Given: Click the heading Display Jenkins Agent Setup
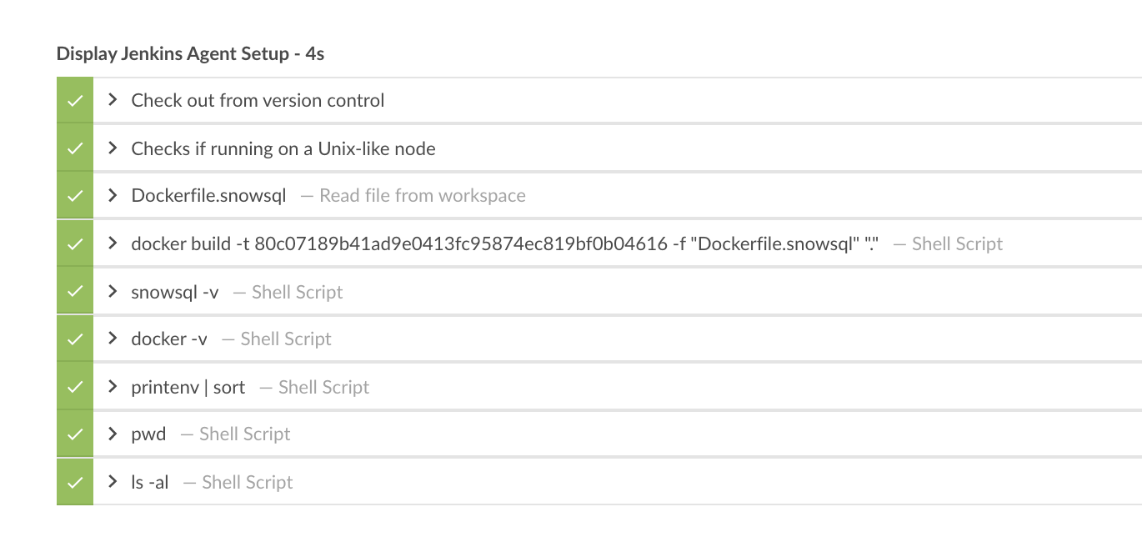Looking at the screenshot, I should coord(190,54).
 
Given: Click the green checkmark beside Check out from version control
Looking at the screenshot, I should coord(75,101).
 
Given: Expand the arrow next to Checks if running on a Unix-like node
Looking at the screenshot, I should coord(113,148).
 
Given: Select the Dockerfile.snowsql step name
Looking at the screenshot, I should coord(208,196).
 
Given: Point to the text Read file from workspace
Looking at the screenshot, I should coord(422,196).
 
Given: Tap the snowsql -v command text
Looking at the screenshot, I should coord(175,292).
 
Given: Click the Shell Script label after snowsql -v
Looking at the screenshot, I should coord(297,292).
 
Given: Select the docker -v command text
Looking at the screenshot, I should coord(169,339).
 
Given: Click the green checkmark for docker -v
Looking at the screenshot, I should coord(75,339).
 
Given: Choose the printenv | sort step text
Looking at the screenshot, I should coord(188,387).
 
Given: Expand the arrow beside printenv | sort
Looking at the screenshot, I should coord(113,387).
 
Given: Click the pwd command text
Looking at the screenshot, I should coord(148,434).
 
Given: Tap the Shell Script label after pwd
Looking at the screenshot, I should coord(244,434).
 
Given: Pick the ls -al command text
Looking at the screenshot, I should coord(150,482).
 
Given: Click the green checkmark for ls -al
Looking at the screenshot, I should coord(75,482).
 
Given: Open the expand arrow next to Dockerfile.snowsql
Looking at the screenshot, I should coord(113,196).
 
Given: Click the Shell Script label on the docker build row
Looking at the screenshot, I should coord(957,244).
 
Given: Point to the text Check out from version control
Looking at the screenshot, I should coord(258,101).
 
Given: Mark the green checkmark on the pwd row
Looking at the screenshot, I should coord(75,434).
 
